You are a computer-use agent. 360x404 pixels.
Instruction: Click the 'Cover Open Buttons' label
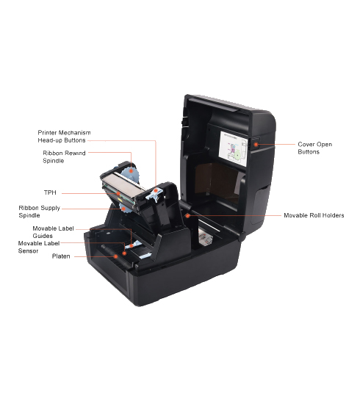click(314, 148)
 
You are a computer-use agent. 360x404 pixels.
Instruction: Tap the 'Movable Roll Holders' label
click(314, 215)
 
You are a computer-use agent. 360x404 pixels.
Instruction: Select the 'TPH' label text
click(50, 192)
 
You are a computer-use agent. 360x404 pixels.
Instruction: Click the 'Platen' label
click(61, 256)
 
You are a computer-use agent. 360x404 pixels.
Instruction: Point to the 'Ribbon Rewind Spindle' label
click(64, 156)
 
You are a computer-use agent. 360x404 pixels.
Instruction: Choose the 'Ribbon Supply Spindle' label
click(39, 212)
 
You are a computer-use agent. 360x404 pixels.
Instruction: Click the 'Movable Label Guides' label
click(53, 232)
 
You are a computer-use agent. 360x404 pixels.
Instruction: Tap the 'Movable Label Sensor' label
click(39, 247)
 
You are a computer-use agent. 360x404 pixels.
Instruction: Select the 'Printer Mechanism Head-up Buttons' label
click(64, 137)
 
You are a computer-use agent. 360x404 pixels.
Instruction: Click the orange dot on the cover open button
click(256, 144)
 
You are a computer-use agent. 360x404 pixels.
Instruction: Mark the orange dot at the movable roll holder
click(188, 215)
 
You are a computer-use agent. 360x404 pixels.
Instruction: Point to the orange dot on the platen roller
click(116, 256)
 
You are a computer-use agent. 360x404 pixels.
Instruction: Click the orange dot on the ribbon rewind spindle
click(132, 170)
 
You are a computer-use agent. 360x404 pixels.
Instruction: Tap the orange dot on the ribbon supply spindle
click(123, 208)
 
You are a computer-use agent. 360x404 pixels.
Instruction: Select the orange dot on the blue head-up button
click(156, 190)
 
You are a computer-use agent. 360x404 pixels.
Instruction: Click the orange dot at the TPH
click(118, 193)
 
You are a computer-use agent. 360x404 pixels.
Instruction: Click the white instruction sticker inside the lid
click(233, 148)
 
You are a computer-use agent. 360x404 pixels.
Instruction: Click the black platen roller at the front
click(118, 256)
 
